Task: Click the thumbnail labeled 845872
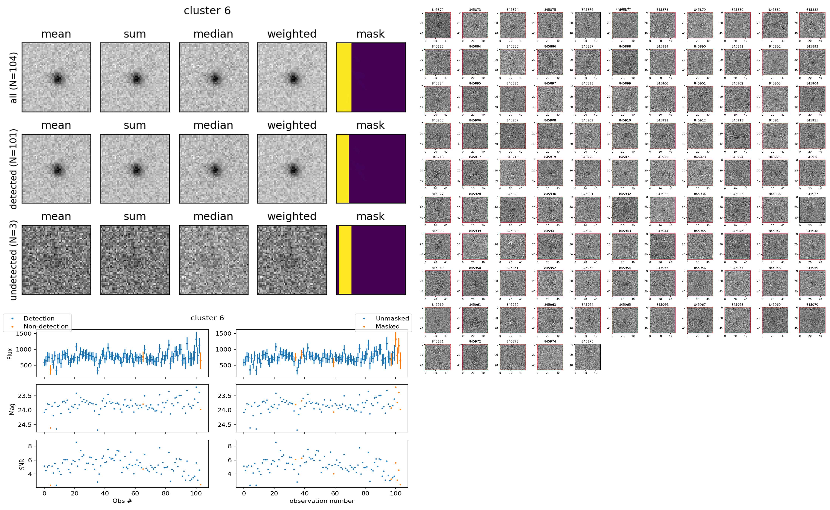pos(437,25)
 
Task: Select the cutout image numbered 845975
pos(587,357)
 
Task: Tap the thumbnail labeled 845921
pos(625,173)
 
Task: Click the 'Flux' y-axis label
pos(10,353)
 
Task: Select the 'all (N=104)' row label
pos(14,78)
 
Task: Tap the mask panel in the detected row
pos(371,169)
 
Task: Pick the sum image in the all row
pos(135,77)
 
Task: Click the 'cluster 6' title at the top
pos(207,11)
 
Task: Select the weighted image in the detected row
pos(292,169)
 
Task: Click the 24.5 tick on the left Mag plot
pos(25,425)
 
